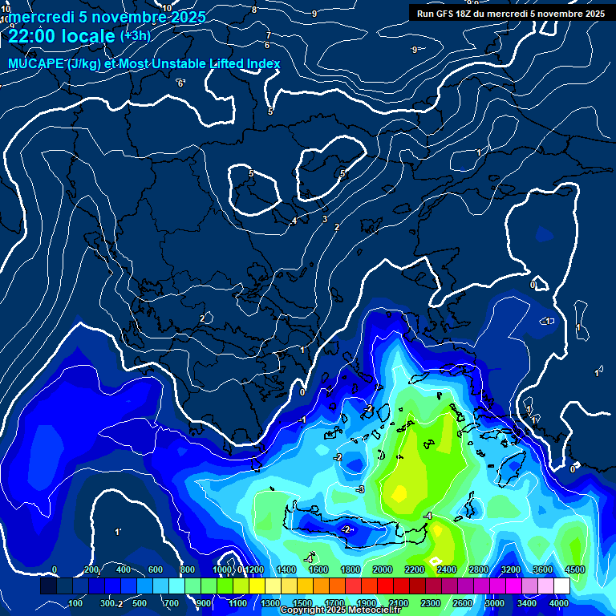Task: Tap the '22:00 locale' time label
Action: (x=62, y=36)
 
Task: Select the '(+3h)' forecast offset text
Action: (x=135, y=36)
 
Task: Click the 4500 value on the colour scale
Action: (x=574, y=569)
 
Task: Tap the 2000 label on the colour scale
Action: (x=382, y=569)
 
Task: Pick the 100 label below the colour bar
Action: (x=77, y=603)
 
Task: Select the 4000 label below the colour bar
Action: (x=559, y=603)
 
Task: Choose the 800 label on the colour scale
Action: (x=188, y=569)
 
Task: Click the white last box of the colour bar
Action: (x=561, y=586)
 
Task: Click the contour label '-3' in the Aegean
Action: (x=360, y=489)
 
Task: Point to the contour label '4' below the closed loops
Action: (x=294, y=221)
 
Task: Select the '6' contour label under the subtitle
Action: (x=180, y=83)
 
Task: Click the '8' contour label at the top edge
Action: (x=254, y=10)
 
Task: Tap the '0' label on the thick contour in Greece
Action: (x=302, y=392)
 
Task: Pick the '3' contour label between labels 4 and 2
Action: (x=325, y=219)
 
